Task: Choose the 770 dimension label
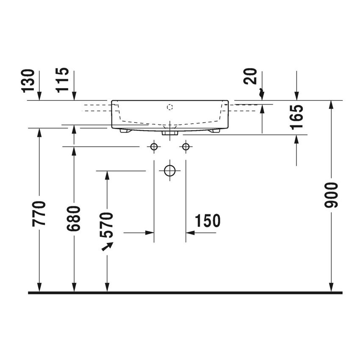tap(39, 213)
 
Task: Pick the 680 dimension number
tap(74, 219)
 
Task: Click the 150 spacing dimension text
tap(208, 221)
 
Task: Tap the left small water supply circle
tap(154, 147)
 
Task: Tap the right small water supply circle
tap(185, 147)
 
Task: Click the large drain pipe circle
tap(169, 171)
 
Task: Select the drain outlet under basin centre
tap(169, 133)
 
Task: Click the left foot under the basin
tap(125, 131)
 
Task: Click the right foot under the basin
tap(214, 131)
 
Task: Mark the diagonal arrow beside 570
tap(108, 246)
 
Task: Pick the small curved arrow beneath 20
tap(261, 92)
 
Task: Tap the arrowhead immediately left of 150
tap(190, 232)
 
